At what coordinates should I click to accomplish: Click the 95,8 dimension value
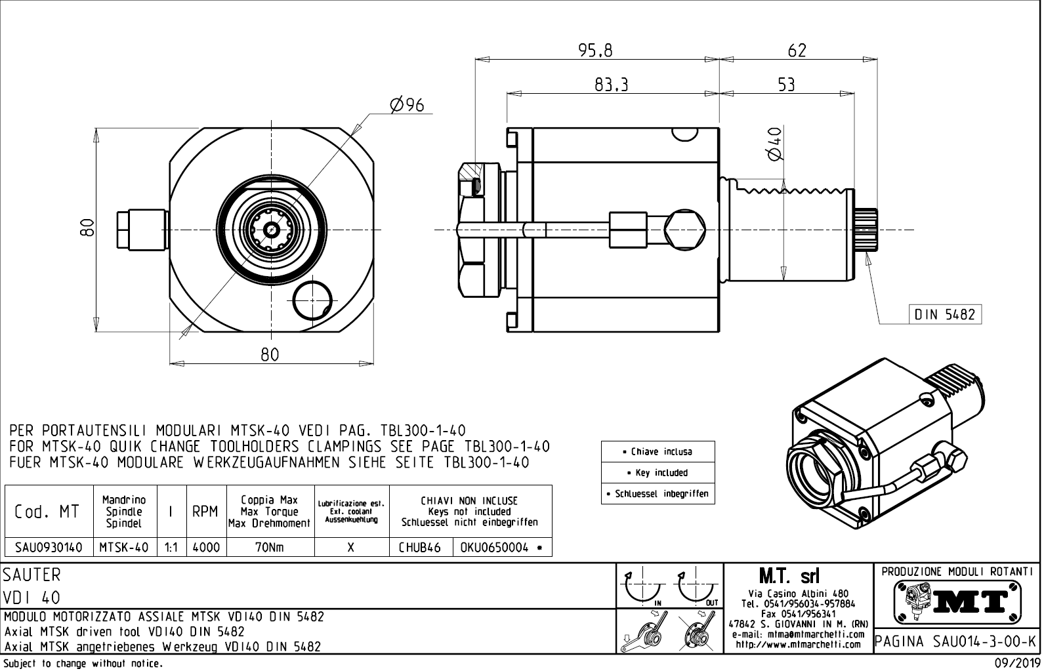point(595,51)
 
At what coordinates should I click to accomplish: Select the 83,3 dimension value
point(612,85)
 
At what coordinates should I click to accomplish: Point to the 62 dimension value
point(796,51)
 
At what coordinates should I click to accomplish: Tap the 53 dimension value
point(786,85)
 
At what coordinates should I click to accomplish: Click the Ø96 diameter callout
point(407,105)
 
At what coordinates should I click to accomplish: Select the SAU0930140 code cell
point(49,548)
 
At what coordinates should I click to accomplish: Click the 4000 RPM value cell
point(206,548)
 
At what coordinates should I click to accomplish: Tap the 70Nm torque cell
point(270,548)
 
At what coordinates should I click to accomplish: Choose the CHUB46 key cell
point(420,548)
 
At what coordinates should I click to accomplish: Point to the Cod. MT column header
point(47,512)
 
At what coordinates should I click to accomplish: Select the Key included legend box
point(658,472)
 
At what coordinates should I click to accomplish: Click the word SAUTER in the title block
point(31,575)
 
